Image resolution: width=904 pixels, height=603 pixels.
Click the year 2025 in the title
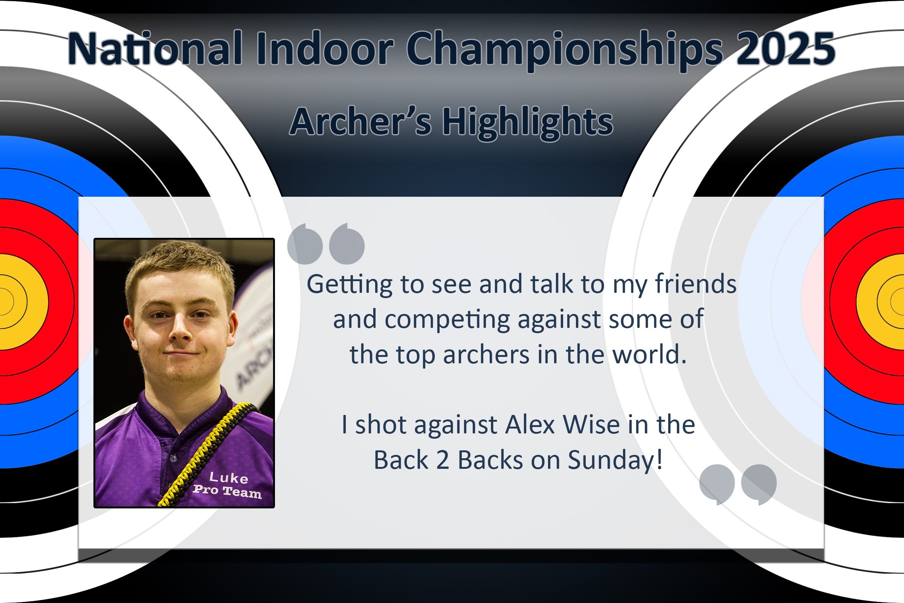pos(785,49)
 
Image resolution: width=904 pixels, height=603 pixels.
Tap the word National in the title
pos(155,48)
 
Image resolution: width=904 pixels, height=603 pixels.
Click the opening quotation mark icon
pos(326,244)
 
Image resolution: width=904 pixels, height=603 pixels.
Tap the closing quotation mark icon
pos(738,485)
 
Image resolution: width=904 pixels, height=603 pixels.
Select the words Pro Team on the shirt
pos(227,491)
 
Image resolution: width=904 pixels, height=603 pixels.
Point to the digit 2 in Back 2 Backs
pos(443,460)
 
